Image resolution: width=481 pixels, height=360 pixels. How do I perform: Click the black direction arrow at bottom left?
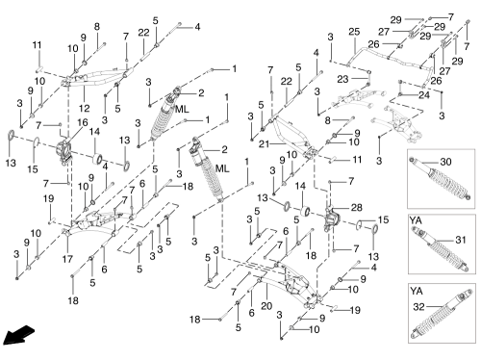click(17, 335)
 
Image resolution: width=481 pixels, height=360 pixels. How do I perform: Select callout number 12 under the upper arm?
click(84, 108)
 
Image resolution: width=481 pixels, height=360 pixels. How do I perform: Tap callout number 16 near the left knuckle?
click(83, 122)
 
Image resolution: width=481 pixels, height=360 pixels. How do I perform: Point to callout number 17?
click(67, 259)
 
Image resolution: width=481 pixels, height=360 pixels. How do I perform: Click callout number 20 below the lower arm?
click(266, 306)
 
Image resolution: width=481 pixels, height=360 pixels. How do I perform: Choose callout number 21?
click(264, 144)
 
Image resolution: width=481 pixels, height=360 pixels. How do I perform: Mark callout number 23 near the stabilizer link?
click(342, 79)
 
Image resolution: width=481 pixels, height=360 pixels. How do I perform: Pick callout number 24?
click(424, 94)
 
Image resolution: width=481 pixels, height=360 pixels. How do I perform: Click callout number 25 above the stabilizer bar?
click(354, 32)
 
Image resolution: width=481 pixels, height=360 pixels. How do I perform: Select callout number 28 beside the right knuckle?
click(357, 208)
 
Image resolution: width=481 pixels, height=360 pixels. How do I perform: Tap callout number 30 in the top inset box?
click(446, 162)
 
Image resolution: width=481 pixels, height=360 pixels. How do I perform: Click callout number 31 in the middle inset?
click(461, 240)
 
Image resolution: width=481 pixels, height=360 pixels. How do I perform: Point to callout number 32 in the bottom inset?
click(418, 307)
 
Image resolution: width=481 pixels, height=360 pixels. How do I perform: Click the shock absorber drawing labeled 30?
click(441, 179)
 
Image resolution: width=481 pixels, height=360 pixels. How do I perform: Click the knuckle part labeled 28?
click(332, 219)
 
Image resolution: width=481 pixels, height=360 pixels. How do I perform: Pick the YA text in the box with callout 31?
click(416, 220)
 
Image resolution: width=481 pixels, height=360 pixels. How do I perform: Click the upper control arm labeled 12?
click(96, 78)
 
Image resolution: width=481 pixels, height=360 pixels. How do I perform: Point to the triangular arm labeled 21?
click(292, 136)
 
